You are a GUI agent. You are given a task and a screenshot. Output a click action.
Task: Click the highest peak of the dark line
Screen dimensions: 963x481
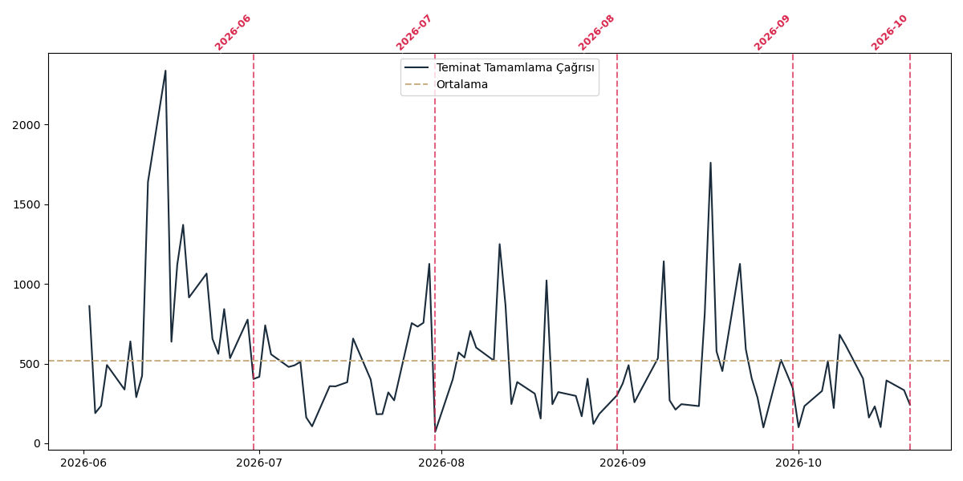[165, 71]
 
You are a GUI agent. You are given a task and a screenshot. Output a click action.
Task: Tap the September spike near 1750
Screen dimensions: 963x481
[710, 163]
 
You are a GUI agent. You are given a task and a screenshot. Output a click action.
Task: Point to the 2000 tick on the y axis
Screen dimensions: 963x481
[26, 125]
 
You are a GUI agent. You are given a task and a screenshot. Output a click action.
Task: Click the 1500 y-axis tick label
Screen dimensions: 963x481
[26, 205]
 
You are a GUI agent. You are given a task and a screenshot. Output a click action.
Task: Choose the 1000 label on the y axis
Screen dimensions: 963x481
[26, 285]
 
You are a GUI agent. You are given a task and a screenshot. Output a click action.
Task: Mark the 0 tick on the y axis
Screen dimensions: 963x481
[37, 443]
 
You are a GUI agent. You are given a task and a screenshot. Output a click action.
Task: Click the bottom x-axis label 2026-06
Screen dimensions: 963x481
[83, 463]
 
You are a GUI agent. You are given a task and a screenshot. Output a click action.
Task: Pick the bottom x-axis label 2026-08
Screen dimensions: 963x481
[441, 463]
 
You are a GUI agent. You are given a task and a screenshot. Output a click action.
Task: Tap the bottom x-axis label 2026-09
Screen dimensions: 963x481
[623, 463]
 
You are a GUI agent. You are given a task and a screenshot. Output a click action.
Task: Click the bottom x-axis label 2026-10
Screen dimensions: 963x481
[798, 463]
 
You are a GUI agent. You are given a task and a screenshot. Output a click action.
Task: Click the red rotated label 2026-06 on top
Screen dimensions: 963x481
[232, 33]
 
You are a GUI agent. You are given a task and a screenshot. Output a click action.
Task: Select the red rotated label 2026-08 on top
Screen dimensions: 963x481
[595, 33]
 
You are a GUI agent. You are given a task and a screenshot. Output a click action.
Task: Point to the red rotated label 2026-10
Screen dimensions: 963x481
[889, 33]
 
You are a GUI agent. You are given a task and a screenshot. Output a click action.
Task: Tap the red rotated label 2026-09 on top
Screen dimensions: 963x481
[772, 33]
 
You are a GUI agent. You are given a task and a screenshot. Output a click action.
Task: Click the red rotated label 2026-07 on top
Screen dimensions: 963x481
[413, 33]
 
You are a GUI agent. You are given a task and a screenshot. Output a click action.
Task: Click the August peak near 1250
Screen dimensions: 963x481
[499, 245]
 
